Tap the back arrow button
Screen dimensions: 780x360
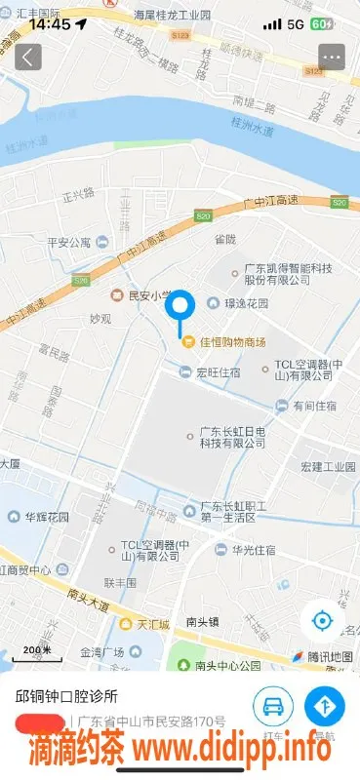click(27, 57)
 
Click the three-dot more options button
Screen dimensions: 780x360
click(333, 57)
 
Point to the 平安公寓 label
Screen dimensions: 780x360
click(69, 243)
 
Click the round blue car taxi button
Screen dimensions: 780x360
click(274, 707)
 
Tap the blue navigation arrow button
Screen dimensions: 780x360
click(326, 707)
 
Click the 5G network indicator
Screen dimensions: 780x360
click(295, 23)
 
